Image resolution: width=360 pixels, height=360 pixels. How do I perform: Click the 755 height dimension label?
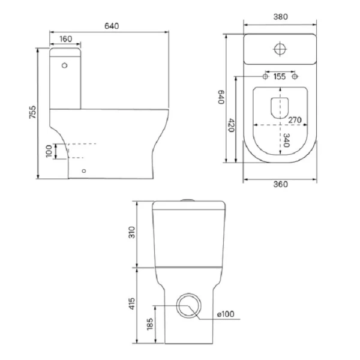[34, 112]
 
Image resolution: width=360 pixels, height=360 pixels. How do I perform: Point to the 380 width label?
[280, 17]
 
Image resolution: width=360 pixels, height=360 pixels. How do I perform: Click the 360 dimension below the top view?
[280, 184]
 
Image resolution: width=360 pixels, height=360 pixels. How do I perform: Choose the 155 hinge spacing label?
[279, 77]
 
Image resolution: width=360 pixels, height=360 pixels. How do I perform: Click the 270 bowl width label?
[293, 120]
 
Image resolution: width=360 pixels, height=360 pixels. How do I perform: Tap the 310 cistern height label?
[133, 232]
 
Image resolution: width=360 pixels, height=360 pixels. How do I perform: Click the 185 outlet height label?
[150, 326]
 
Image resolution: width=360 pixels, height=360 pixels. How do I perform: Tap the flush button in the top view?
[280, 49]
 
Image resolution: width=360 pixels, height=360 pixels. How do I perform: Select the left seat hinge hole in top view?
[265, 77]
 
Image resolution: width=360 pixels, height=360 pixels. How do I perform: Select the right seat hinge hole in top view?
[294, 77]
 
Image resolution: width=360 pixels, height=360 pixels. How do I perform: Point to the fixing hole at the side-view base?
[83, 170]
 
